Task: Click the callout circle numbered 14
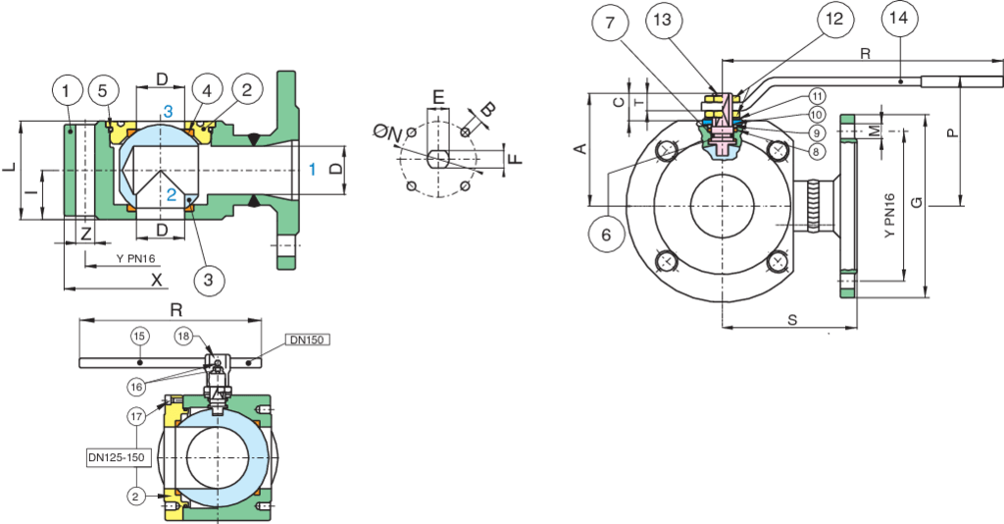901,18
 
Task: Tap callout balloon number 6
606,235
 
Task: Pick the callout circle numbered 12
833,18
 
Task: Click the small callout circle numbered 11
816,96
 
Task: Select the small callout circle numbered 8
816,150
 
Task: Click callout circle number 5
103,91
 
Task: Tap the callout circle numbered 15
139,336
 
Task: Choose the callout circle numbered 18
184,336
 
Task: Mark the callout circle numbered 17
137,416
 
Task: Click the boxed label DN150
305,340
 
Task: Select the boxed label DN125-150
115,457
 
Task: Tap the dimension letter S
791,320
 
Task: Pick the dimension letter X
156,279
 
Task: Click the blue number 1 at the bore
313,169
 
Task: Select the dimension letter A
578,149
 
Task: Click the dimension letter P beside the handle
951,134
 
